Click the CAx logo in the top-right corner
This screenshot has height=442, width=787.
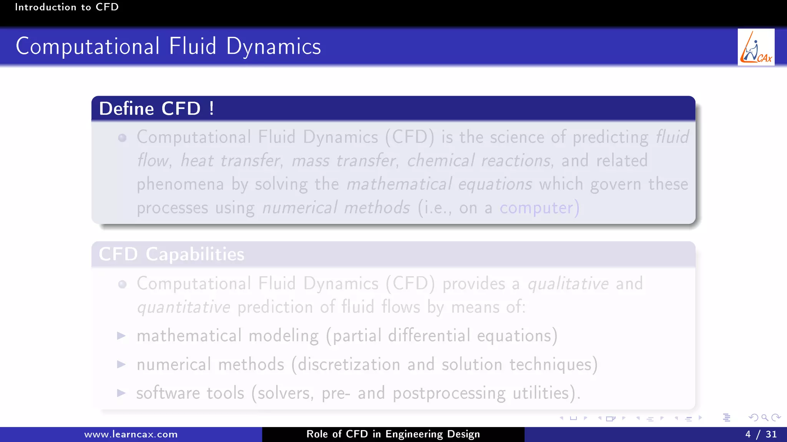point(755,47)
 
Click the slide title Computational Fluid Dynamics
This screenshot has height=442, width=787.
point(168,46)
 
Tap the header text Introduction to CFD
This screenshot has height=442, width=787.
point(66,7)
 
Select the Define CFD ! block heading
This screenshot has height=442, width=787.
point(156,109)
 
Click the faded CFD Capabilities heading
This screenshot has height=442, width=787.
point(171,254)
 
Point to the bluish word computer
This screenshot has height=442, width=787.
point(536,208)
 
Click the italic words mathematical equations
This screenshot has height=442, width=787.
point(439,184)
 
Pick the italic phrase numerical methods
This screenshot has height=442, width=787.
point(336,208)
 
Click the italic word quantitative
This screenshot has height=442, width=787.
point(184,307)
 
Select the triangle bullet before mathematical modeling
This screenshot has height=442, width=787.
point(121,336)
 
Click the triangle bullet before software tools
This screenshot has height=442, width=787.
point(121,393)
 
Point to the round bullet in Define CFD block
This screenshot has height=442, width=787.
point(122,138)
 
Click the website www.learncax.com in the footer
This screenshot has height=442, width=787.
point(131,434)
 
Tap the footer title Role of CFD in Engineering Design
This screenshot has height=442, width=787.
point(393,434)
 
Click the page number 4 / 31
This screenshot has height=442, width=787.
point(761,434)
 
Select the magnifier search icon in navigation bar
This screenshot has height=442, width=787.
point(765,417)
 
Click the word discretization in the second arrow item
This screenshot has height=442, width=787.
point(349,364)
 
